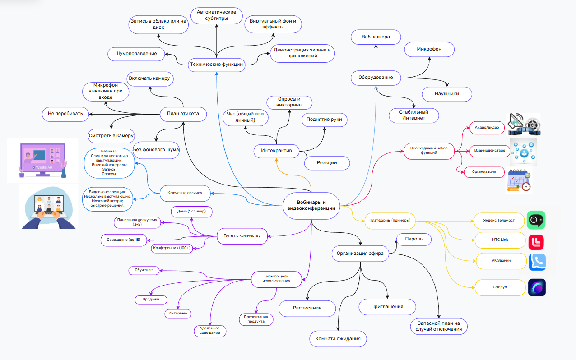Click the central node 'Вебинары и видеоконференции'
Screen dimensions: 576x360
tap(311, 206)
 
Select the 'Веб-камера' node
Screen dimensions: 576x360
tap(376, 37)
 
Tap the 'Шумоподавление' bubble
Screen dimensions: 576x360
tap(136, 54)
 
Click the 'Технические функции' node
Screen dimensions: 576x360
tap(217, 65)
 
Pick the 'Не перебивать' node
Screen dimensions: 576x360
tap(65, 114)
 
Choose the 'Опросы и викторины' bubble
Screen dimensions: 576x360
tap(289, 102)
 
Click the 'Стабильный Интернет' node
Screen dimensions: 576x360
tap(414, 115)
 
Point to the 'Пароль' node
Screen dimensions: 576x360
tap(414, 239)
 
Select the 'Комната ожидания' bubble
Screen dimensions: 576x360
tap(338, 339)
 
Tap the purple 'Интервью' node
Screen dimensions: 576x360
tap(178, 314)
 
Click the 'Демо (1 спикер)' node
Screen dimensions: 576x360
tap(191, 212)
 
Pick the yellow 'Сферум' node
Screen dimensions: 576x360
tap(500, 287)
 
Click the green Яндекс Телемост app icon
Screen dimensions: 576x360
tap(536, 220)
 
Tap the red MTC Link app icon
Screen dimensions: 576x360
tap(536, 242)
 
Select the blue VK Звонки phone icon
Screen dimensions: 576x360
tap(537, 263)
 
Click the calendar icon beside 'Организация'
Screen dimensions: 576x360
tap(519, 180)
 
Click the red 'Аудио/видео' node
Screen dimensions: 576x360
tap(487, 128)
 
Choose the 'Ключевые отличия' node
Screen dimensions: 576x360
tap(185, 193)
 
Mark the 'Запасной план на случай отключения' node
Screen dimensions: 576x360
tap(439, 326)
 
